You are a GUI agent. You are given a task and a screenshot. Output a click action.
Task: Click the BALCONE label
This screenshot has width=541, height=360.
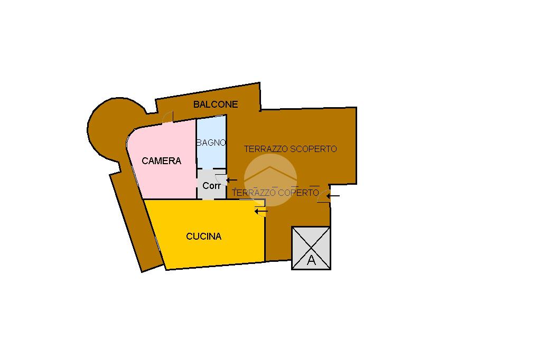click(x=216, y=105)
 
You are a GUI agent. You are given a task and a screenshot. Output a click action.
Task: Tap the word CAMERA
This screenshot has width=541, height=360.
click(x=162, y=161)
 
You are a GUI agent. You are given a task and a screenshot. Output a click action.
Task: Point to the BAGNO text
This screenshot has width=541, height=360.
click(x=211, y=143)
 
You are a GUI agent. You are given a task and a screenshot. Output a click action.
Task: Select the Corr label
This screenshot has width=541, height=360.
click(x=211, y=186)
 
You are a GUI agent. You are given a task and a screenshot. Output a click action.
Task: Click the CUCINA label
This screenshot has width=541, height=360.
click(x=204, y=236)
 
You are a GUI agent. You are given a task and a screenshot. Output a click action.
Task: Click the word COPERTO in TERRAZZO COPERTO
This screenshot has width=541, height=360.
click(x=299, y=193)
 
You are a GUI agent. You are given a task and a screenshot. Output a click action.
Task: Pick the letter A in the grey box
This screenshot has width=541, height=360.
click(x=311, y=260)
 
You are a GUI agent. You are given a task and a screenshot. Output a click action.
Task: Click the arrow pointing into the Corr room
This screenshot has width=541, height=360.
click(x=232, y=181)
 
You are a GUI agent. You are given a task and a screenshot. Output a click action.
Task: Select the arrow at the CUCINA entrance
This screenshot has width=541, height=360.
click(x=261, y=211)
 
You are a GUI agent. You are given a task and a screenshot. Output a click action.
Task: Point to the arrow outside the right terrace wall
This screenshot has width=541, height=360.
click(x=333, y=197)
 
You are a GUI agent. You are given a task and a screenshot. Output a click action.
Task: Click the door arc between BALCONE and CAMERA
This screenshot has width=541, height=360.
click(x=167, y=117)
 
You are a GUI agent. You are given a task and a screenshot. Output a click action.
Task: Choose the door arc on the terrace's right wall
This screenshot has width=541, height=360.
click(x=324, y=196)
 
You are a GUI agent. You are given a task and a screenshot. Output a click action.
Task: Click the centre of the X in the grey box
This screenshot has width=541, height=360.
click(x=311, y=247)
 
